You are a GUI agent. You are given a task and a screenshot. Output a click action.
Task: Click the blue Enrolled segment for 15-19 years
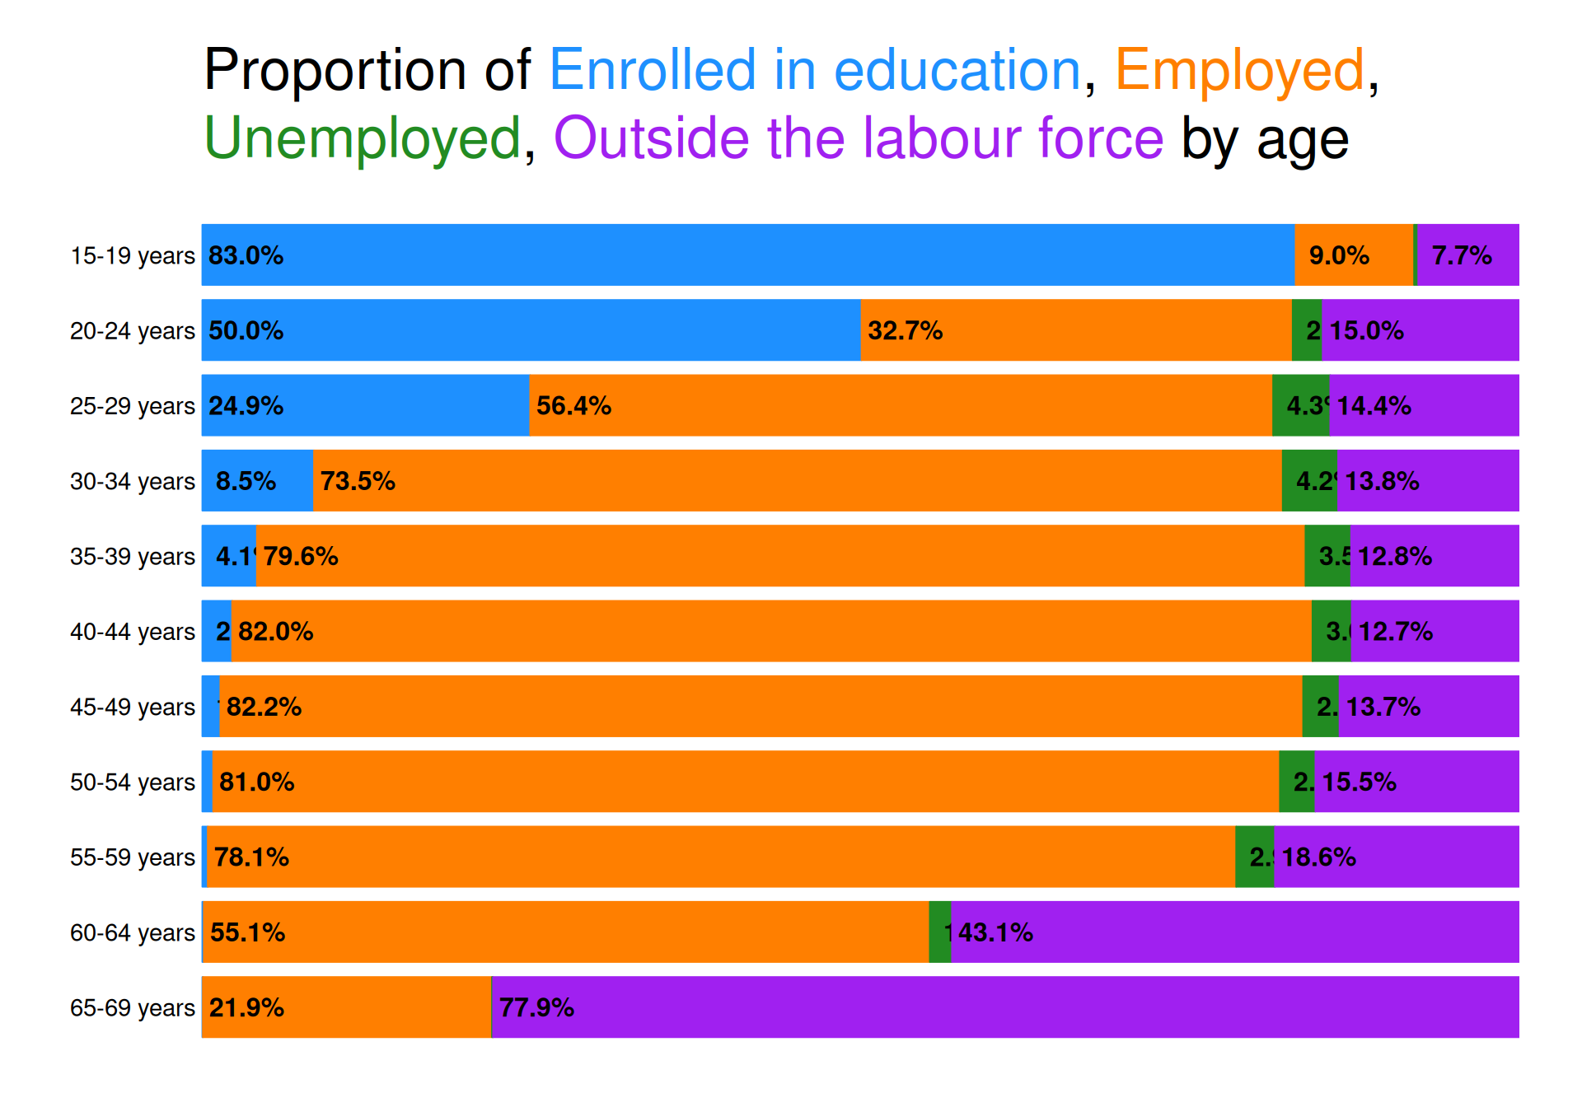[x=747, y=255]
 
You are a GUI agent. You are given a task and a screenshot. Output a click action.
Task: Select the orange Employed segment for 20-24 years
[x=1075, y=330]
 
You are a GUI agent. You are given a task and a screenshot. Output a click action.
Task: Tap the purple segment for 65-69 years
[x=1005, y=1007]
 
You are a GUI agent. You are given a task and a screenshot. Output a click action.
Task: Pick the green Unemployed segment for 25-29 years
[x=1300, y=405]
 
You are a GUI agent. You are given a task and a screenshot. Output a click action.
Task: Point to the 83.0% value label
[x=246, y=255]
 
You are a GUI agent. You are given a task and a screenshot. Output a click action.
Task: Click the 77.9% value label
[x=536, y=1007]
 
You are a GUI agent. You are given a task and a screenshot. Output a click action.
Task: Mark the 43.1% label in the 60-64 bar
[x=995, y=932]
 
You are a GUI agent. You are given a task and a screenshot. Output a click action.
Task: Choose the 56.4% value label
[x=573, y=405]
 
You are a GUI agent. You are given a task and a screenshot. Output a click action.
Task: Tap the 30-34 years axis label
[x=132, y=481]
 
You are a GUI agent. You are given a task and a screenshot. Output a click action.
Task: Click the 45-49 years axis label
[x=132, y=707]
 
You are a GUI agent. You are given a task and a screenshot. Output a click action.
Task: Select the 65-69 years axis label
[x=132, y=1007]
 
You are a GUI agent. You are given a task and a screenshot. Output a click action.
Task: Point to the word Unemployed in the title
[x=362, y=138]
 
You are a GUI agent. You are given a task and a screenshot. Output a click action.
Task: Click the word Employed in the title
[x=1239, y=70]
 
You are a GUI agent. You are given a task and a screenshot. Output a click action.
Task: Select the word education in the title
[x=957, y=70]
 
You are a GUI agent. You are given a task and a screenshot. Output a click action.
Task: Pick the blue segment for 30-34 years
[x=257, y=481]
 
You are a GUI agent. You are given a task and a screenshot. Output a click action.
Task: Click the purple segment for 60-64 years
[x=1234, y=932]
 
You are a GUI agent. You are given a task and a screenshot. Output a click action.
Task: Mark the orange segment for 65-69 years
[x=346, y=1007]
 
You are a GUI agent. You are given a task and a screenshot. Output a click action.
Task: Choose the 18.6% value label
[x=1318, y=857]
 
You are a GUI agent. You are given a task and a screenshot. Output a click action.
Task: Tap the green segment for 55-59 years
[x=1254, y=857]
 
